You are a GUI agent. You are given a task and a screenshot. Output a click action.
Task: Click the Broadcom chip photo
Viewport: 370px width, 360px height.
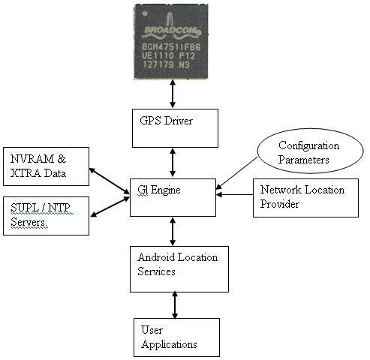[171, 42]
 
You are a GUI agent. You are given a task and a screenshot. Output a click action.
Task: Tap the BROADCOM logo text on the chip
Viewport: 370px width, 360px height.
[173, 31]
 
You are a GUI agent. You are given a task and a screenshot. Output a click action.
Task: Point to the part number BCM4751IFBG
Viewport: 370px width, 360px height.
[171, 46]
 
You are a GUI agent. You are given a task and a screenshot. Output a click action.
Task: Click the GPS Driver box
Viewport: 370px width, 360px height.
[175, 128]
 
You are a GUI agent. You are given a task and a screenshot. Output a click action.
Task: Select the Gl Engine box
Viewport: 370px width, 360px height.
[173, 197]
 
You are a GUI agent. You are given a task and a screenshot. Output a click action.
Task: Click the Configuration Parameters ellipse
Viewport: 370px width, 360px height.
[310, 151]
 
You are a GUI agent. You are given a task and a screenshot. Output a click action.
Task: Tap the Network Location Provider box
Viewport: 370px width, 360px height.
[305, 198]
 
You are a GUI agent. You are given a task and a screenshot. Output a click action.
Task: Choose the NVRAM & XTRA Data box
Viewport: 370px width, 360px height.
[46, 166]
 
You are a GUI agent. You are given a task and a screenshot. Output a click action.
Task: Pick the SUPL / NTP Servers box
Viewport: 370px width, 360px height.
[46, 216]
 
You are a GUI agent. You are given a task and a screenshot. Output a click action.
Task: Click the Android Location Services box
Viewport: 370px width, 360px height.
[179, 269]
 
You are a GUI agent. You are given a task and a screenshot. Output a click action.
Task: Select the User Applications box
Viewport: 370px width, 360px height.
[176, 337]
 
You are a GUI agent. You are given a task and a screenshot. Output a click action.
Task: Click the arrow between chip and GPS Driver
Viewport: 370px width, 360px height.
[173, 94]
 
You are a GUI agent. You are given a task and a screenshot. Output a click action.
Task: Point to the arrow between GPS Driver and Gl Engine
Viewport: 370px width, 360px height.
[173, 163]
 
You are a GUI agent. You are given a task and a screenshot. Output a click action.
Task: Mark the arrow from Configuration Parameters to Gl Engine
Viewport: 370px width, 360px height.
[236, 173]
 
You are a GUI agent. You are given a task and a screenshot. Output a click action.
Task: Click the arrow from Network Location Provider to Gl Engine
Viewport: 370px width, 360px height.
[234, 194]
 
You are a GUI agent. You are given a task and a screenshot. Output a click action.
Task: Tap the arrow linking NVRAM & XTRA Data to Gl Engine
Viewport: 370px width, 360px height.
[110, 181]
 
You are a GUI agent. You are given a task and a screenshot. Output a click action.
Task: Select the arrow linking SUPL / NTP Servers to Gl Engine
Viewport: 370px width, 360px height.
[110, 207]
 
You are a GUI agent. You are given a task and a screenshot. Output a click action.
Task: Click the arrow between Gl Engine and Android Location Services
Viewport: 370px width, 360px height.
[173, 232]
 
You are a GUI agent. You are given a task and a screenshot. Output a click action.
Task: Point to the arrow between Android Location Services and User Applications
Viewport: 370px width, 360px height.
[175, 305]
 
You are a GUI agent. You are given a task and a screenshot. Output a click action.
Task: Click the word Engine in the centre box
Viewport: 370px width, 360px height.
[166, 190]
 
